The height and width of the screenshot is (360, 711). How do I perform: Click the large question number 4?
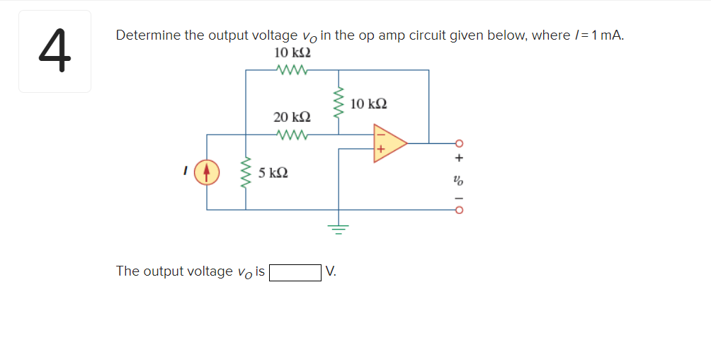pyautogui.click(x=54, y=51)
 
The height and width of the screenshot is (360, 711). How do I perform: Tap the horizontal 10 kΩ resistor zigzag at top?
pyautogui.click(x=291, y=69)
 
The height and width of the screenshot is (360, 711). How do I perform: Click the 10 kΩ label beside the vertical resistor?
pyautogui.click(x=368, y=104)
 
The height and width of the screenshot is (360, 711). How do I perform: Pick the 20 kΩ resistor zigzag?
pyautogui.click(x=291, y=133)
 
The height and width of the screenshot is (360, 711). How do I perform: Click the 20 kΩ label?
pyautogui.click(x=291, y=117)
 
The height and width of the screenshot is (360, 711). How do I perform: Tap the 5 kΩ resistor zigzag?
pyautogui.click(x=246, y=173)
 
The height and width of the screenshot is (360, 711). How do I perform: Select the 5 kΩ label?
pyautogui.click(x=273, y=173)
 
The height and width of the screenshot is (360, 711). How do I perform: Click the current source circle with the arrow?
pyautogui.click(x=207, y=173)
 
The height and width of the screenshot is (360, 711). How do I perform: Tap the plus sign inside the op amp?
pyautogui.click(x=380, y=150)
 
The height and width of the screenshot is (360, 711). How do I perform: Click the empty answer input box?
pyautogui.click(x=295, y=272)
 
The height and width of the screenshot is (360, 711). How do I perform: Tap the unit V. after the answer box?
pyautogui.click(x=331, y=271)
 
